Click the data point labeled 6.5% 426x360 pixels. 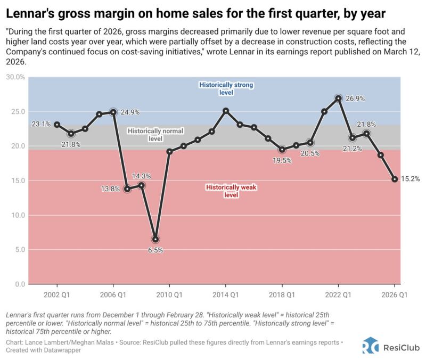pos(155,239)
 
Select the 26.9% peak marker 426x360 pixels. pos(338,98)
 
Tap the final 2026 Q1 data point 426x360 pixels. pos(395,179)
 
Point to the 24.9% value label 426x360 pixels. pos(130,112)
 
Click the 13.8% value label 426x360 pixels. pos(111,189)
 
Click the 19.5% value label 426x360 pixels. pos(282,160)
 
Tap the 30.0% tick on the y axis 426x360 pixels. pos(16,77)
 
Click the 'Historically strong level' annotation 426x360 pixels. pos(226,88)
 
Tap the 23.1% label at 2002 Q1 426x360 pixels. pos(42,124)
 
